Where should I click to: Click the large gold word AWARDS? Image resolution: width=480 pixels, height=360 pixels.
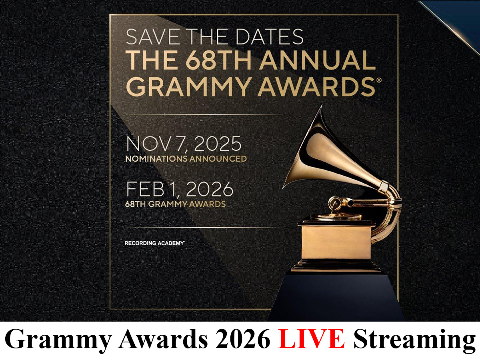tap(316, 86)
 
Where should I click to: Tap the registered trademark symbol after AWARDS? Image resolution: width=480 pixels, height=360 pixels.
tap(379, 80)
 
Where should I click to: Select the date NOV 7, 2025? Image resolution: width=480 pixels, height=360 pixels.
tap(184, 144)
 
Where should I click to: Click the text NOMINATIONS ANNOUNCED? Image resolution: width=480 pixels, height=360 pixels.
tap(186, 159)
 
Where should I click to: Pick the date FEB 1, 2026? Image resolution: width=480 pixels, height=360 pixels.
tap(180, 189)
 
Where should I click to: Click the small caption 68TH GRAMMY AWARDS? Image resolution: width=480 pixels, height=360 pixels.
tap(175, 204)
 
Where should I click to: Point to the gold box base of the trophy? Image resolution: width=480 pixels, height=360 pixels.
tap(336, 243)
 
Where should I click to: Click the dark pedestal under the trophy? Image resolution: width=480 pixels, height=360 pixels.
tap(336, 297)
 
